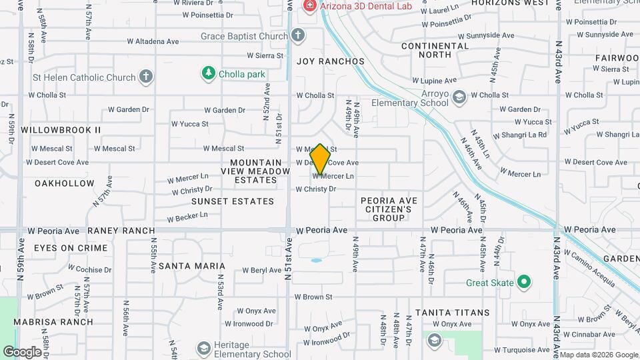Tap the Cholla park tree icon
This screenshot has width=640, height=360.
[209, 73]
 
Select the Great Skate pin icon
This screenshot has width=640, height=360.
[524, 282]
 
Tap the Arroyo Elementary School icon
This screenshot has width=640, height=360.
[459, 98]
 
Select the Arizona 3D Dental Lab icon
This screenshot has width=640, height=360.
[310, 6]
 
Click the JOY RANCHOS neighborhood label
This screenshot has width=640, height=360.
[331, 61]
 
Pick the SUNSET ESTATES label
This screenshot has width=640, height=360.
[233, 201]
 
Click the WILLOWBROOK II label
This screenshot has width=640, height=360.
[61, 129]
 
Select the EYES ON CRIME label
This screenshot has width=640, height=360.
[71, 248]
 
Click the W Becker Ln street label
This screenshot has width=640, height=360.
[187, 217]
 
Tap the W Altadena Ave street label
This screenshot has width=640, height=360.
[154, 41]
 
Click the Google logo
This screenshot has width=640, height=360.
[22, 351]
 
